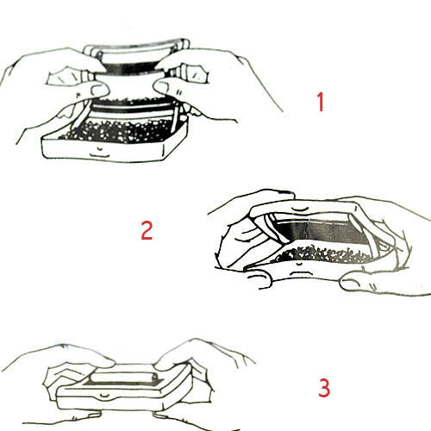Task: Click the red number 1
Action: pos(321,102)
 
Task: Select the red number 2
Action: pos(147,230)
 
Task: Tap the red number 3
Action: pos(324,388)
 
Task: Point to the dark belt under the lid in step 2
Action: pos(319,231)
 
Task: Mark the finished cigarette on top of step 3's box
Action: pos(123,377)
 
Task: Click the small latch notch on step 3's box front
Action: pos(104,396)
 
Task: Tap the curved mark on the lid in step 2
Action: pos(300,208)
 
